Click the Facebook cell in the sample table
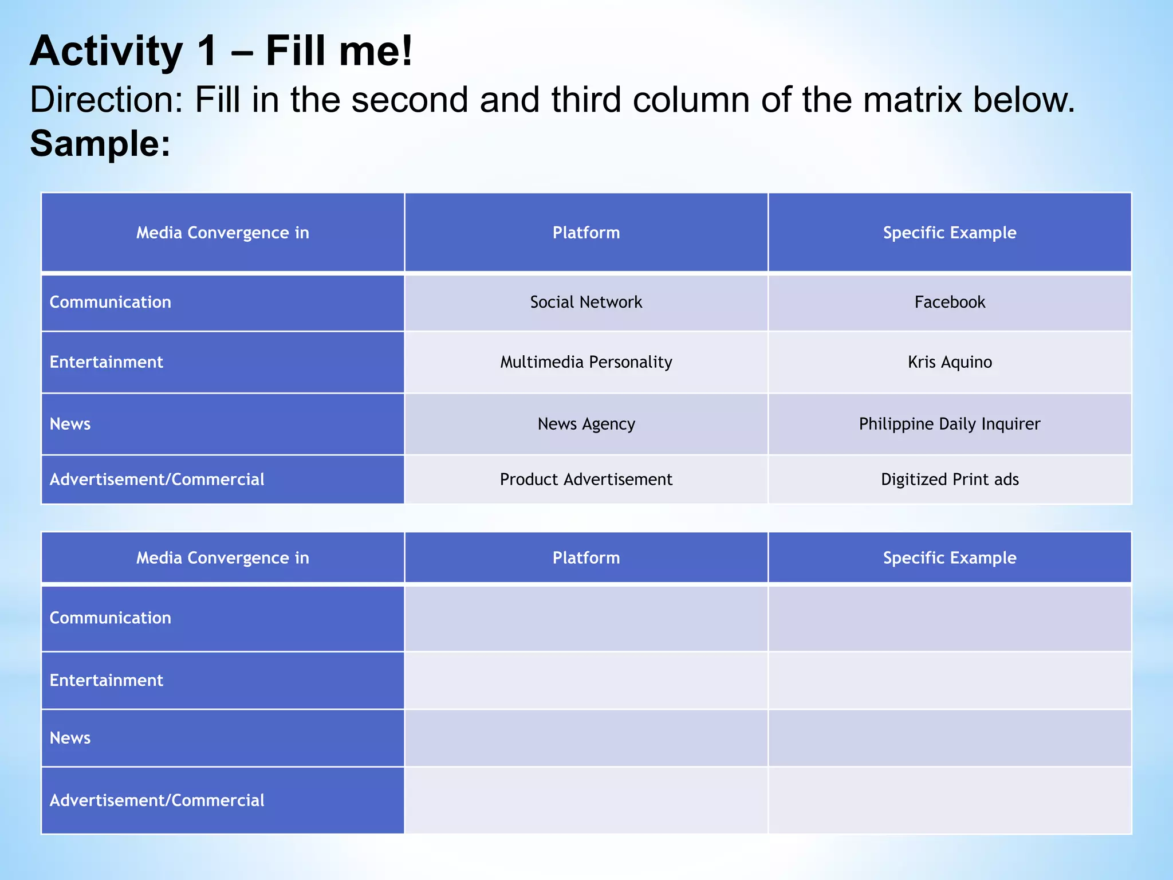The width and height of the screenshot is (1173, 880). [949, 302]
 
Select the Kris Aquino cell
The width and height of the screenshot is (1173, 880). [949, 362]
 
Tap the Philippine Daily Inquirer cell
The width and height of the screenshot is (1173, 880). [949, 424]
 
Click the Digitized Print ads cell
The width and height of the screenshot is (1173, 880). [949, 480]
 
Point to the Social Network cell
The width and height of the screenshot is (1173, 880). [586, 302]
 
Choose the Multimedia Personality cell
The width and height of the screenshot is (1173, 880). [586, 362]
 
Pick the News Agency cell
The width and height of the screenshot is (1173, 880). [586, 424]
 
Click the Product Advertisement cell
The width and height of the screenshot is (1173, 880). [586, 480]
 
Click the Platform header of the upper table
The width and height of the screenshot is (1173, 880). [586, 233]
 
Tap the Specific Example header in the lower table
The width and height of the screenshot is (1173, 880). [949, 557]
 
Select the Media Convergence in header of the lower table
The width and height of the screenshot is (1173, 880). [222, 557]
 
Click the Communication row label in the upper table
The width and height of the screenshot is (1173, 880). [111, 302]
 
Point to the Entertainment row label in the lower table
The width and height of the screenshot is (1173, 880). [107, 680]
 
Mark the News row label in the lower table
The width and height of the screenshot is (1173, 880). [70, 738]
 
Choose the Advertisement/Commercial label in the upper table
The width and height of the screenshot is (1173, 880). [157, 480]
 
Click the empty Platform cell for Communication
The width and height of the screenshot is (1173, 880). [586, 618]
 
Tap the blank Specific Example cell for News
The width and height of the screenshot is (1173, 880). [949, 738]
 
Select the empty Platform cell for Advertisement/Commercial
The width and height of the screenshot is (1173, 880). [586, 800]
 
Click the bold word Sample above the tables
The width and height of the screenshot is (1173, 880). [100, 143]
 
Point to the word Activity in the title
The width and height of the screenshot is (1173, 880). [107, 52]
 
